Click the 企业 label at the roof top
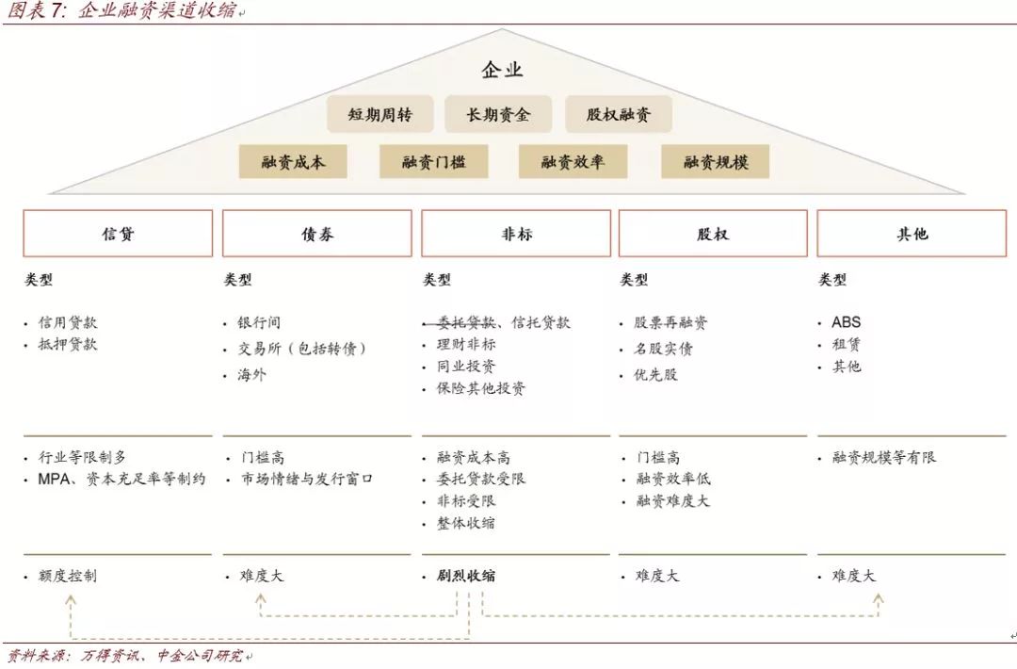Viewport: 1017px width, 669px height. tap(502, 70)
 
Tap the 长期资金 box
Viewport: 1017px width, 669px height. tap(498, 115)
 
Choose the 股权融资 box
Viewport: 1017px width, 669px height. tap(619, 115)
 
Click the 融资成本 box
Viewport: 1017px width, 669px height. tap(293, 161)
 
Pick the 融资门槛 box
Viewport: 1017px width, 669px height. tap(433, 161)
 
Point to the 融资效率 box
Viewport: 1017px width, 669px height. tap(573, 161)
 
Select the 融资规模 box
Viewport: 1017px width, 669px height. tap(716, 161)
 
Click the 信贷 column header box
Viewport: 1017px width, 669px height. tap(118, 234)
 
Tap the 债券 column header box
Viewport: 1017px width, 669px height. tap(317, 234)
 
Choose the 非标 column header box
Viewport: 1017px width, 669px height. tap(516, 234)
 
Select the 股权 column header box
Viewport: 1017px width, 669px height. tap(713, 234)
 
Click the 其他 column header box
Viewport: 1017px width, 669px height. tap(912, 234)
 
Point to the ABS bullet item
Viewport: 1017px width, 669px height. tap(846, 322)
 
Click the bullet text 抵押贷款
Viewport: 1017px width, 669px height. tap(68, 344)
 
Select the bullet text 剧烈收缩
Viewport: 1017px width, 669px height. tap(466, 575)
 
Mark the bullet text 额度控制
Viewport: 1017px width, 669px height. tap(68, 575)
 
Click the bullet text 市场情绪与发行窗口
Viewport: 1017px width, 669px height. tap(306, 479)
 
